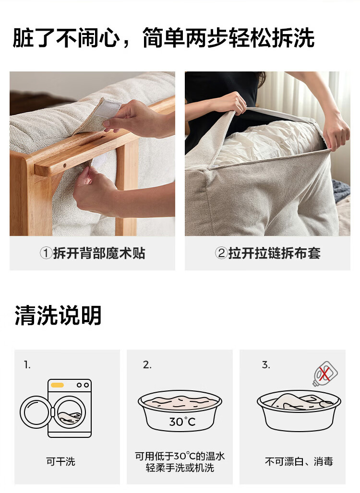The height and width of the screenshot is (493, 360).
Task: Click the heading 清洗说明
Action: click(58, 315)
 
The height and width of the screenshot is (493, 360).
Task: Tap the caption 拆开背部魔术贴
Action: click(99, 253)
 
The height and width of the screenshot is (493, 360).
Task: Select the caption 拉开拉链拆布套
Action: click(275, 253)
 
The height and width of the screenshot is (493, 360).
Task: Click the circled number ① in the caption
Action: click(46, 253)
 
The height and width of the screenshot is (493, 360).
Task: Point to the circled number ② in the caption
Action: click(221, 253)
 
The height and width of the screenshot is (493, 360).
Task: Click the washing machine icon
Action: click(56, 408)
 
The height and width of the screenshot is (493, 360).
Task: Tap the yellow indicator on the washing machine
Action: click(57, 385)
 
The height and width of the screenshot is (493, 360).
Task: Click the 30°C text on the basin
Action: click(182, 422)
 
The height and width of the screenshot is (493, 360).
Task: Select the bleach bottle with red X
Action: click(324, 374)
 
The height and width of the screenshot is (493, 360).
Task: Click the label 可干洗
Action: click(61, 461)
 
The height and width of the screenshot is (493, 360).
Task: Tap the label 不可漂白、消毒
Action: click(299, 461)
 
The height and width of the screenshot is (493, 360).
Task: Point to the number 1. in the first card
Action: click(27, 365)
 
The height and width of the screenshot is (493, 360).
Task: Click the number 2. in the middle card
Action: click(147, 365)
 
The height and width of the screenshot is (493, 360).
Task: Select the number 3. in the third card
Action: click(266, 365)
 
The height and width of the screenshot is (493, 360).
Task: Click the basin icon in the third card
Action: click(299, 411)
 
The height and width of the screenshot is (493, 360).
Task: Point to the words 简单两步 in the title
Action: click(185, 38)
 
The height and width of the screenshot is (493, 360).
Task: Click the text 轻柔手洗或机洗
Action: click(180, 468)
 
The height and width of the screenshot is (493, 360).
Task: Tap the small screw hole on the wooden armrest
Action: click(64, 165)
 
